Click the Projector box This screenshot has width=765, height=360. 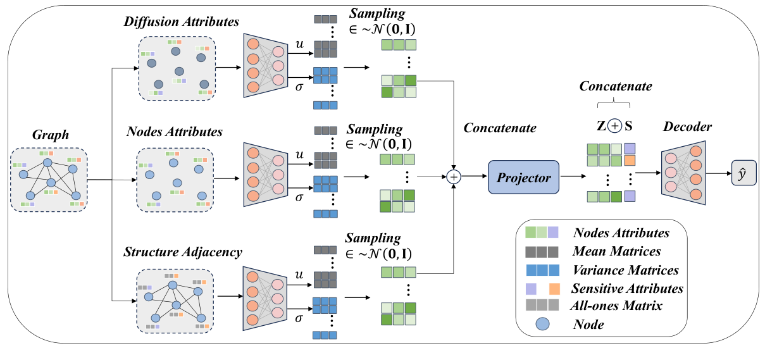click(x=523, y=178)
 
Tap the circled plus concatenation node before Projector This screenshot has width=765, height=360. click(x=454, y=177)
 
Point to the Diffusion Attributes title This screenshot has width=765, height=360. click(x=182, y=22)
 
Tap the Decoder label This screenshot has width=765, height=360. click(x=687, y=127)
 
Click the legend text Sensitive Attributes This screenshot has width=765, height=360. click(x=627, y=289)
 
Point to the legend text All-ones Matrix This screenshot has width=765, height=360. click(x=617, y=306)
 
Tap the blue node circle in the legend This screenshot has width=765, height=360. click(x=544, y=325)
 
